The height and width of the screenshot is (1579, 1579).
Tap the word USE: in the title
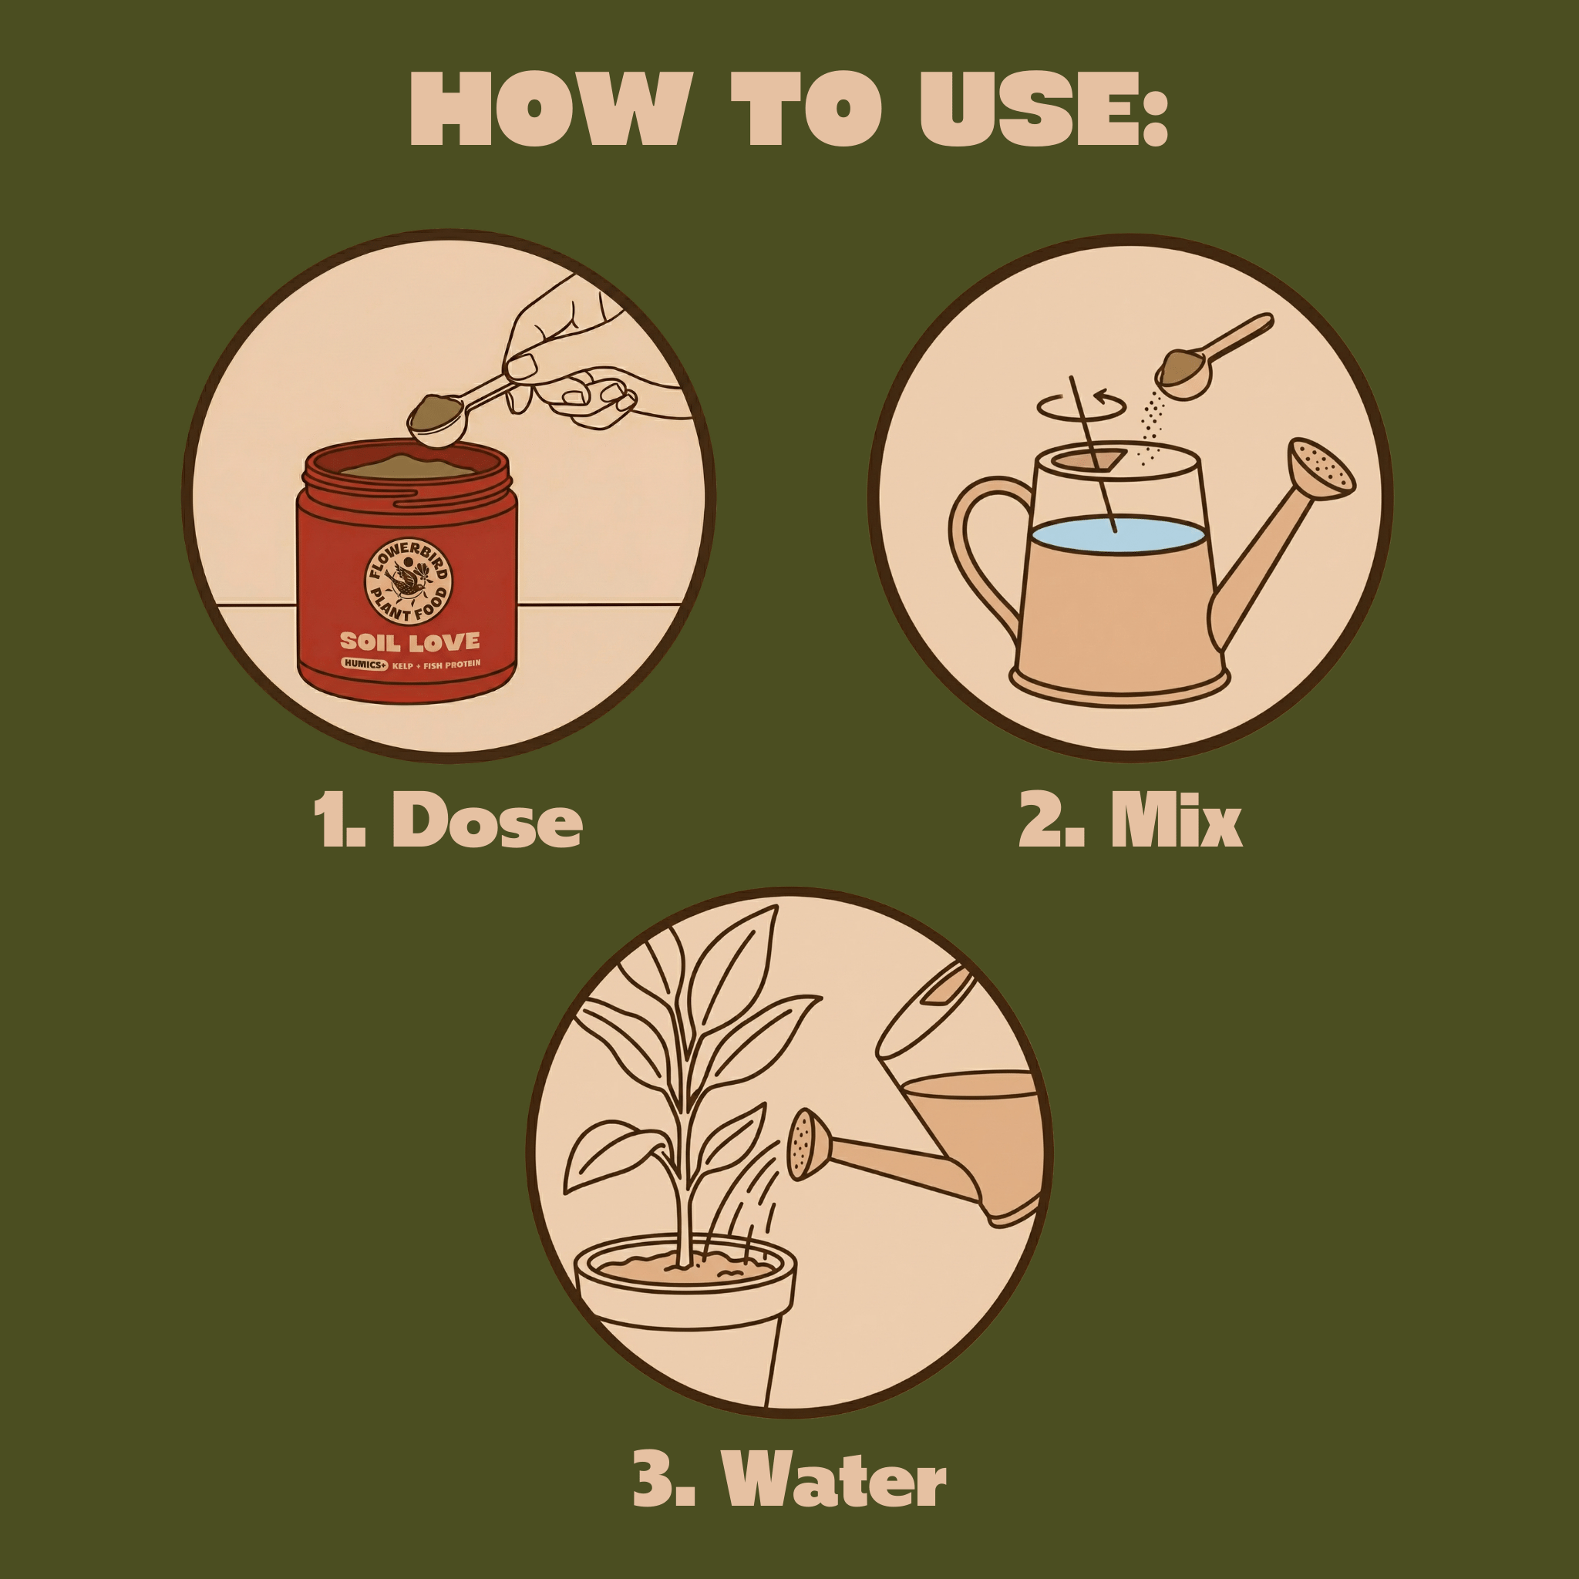(1044, 109)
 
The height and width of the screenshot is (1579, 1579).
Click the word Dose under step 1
(487, 820)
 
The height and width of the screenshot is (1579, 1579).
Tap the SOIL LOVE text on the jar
(409, 641)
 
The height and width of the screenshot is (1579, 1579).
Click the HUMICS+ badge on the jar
(364, 665)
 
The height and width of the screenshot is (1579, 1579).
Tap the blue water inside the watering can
(1118, 534)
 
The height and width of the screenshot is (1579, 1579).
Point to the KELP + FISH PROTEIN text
(436, 665)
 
